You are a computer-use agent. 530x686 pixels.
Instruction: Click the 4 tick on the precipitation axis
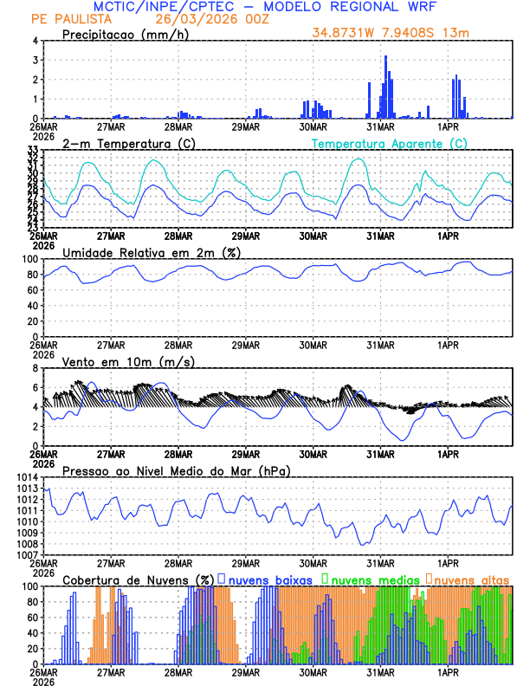tap(35, 41)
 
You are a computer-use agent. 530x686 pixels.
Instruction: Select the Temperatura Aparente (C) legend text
tap(390, 143)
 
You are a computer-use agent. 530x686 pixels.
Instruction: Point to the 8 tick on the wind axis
tap(35, 368)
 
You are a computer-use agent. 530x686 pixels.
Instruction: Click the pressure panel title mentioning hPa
tap(177, 470)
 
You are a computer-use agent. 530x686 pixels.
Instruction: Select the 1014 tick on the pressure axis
tap(26, 478)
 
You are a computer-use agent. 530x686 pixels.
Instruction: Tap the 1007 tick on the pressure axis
tap(26, 554)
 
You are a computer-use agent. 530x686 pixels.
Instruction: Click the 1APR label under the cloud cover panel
tap(449, 672)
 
